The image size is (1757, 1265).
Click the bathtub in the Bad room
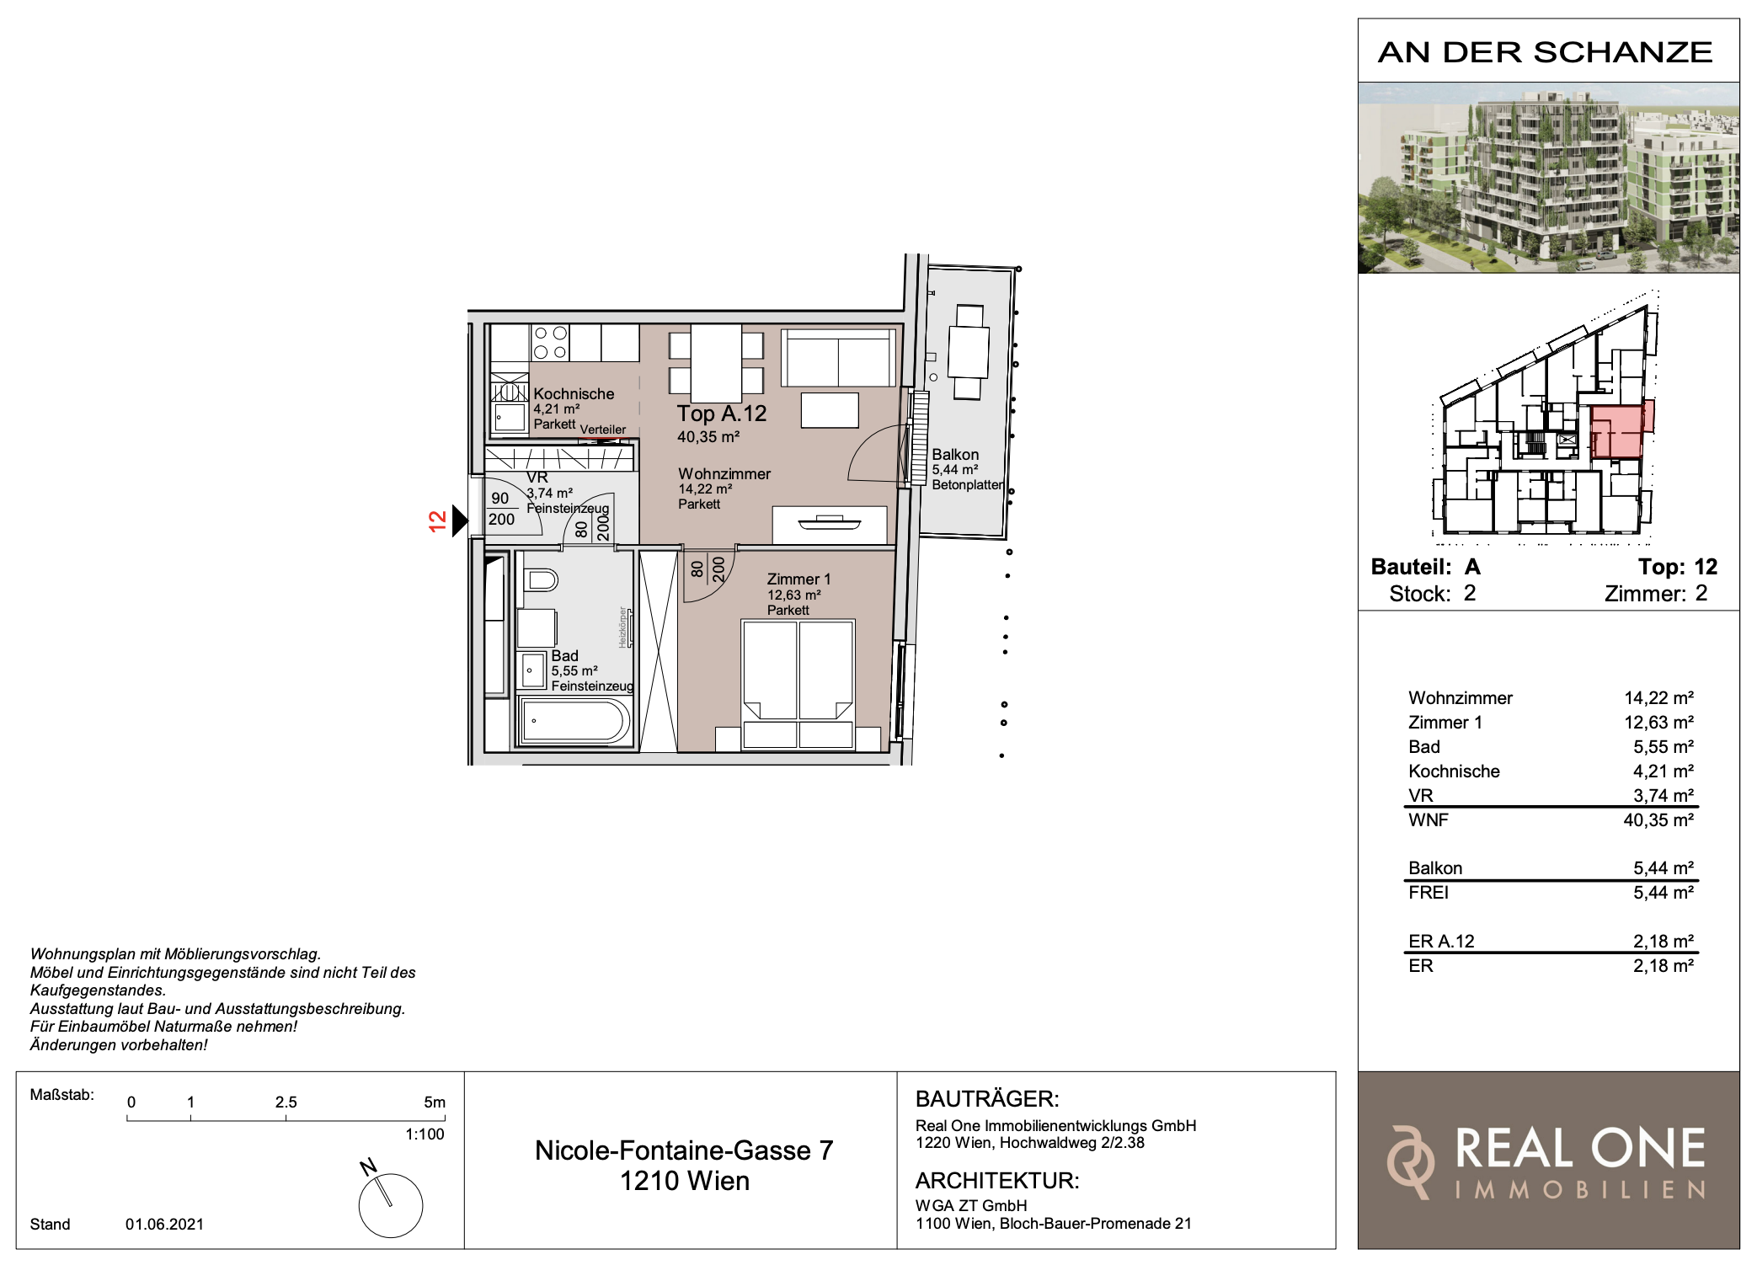coord(575,721)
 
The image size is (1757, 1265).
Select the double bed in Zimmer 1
coord(798,684)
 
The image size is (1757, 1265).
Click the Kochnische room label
coord(574,393)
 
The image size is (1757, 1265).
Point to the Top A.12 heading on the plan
coord(722,414)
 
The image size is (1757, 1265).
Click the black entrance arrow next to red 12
coord(460,520)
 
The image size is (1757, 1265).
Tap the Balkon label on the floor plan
coord(955,455)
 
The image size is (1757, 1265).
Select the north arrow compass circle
coord(391,1205)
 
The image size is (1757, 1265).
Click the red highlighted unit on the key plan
coord(1621,430)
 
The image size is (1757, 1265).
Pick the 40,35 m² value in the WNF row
coord(1658,819)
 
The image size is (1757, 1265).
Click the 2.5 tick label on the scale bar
coord(286,1102)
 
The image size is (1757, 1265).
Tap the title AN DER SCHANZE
coord(1546,52)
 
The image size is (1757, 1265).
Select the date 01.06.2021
coord(165,1224)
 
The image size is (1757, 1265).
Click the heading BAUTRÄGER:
coord(987,1099)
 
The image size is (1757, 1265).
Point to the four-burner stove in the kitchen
coord(550,343)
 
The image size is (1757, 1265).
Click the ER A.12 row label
coord(1441,942)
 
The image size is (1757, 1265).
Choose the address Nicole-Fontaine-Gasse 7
coord(684,1150)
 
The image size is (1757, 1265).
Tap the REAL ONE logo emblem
coord(1411,1162)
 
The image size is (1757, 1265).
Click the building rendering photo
coord(1548,178)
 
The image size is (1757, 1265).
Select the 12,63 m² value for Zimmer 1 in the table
coord(1658,722)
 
